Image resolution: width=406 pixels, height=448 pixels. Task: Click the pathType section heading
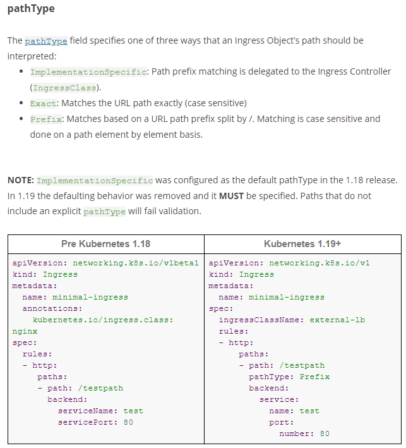[x=31, y=9]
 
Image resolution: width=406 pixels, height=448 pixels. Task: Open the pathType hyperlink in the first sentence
[x=46, y=41]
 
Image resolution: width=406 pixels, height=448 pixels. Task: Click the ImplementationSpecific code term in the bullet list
[x=88, y=71]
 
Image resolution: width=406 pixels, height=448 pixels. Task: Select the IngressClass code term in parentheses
[x=64, y=88]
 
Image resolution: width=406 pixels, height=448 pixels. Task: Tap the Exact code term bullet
[x=44, y=104]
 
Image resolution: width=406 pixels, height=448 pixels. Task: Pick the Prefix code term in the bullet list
[x=46, y=119]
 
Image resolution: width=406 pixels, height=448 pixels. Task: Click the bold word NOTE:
[x=21, y=180]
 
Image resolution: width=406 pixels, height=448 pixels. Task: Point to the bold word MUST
[x=231, y=196]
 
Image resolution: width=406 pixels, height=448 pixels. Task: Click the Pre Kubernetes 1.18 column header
[x=105, y=244]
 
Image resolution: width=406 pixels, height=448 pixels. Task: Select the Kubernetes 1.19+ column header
[x=302, y=244]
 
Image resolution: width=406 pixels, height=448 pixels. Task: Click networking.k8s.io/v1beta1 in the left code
[x=136, y=263]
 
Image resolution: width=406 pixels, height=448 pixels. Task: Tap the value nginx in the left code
[x=25, y=332]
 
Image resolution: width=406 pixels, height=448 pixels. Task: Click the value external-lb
[x=337, y=320]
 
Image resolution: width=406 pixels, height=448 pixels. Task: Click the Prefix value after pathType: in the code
[x=314, y=377]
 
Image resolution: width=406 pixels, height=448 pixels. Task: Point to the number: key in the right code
[x=297, y=433]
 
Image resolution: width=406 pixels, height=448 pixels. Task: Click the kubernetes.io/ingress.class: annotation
[x=103, y=320]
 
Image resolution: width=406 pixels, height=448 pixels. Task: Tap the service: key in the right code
[x=279, y=400]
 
